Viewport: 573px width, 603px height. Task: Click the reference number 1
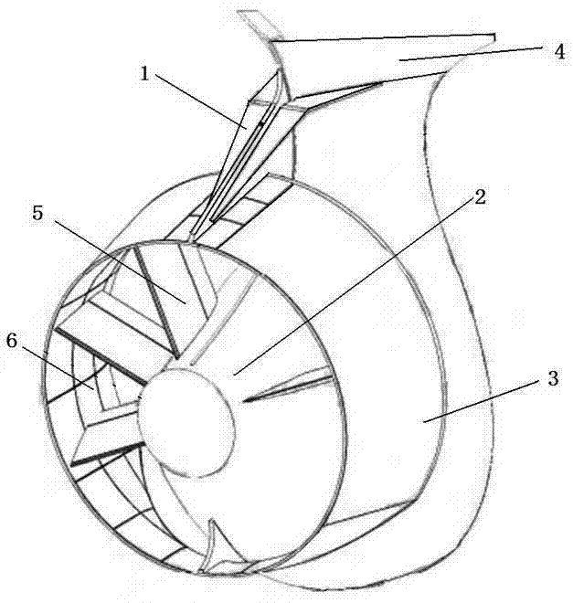144,74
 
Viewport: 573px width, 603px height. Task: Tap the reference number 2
480,197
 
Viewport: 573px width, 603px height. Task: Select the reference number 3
553,378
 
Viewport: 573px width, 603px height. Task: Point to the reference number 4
559,51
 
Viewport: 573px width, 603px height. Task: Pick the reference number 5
37,213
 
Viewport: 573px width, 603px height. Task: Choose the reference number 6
12,341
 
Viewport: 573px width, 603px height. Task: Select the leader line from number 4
471,53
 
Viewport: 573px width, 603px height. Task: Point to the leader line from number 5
119,262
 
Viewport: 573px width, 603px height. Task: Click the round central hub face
186,422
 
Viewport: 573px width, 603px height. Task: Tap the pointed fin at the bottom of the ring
211,546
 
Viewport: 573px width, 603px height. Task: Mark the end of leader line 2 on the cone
234,375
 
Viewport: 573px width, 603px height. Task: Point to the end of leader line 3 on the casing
424,423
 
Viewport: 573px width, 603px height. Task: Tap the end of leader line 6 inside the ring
93,389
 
